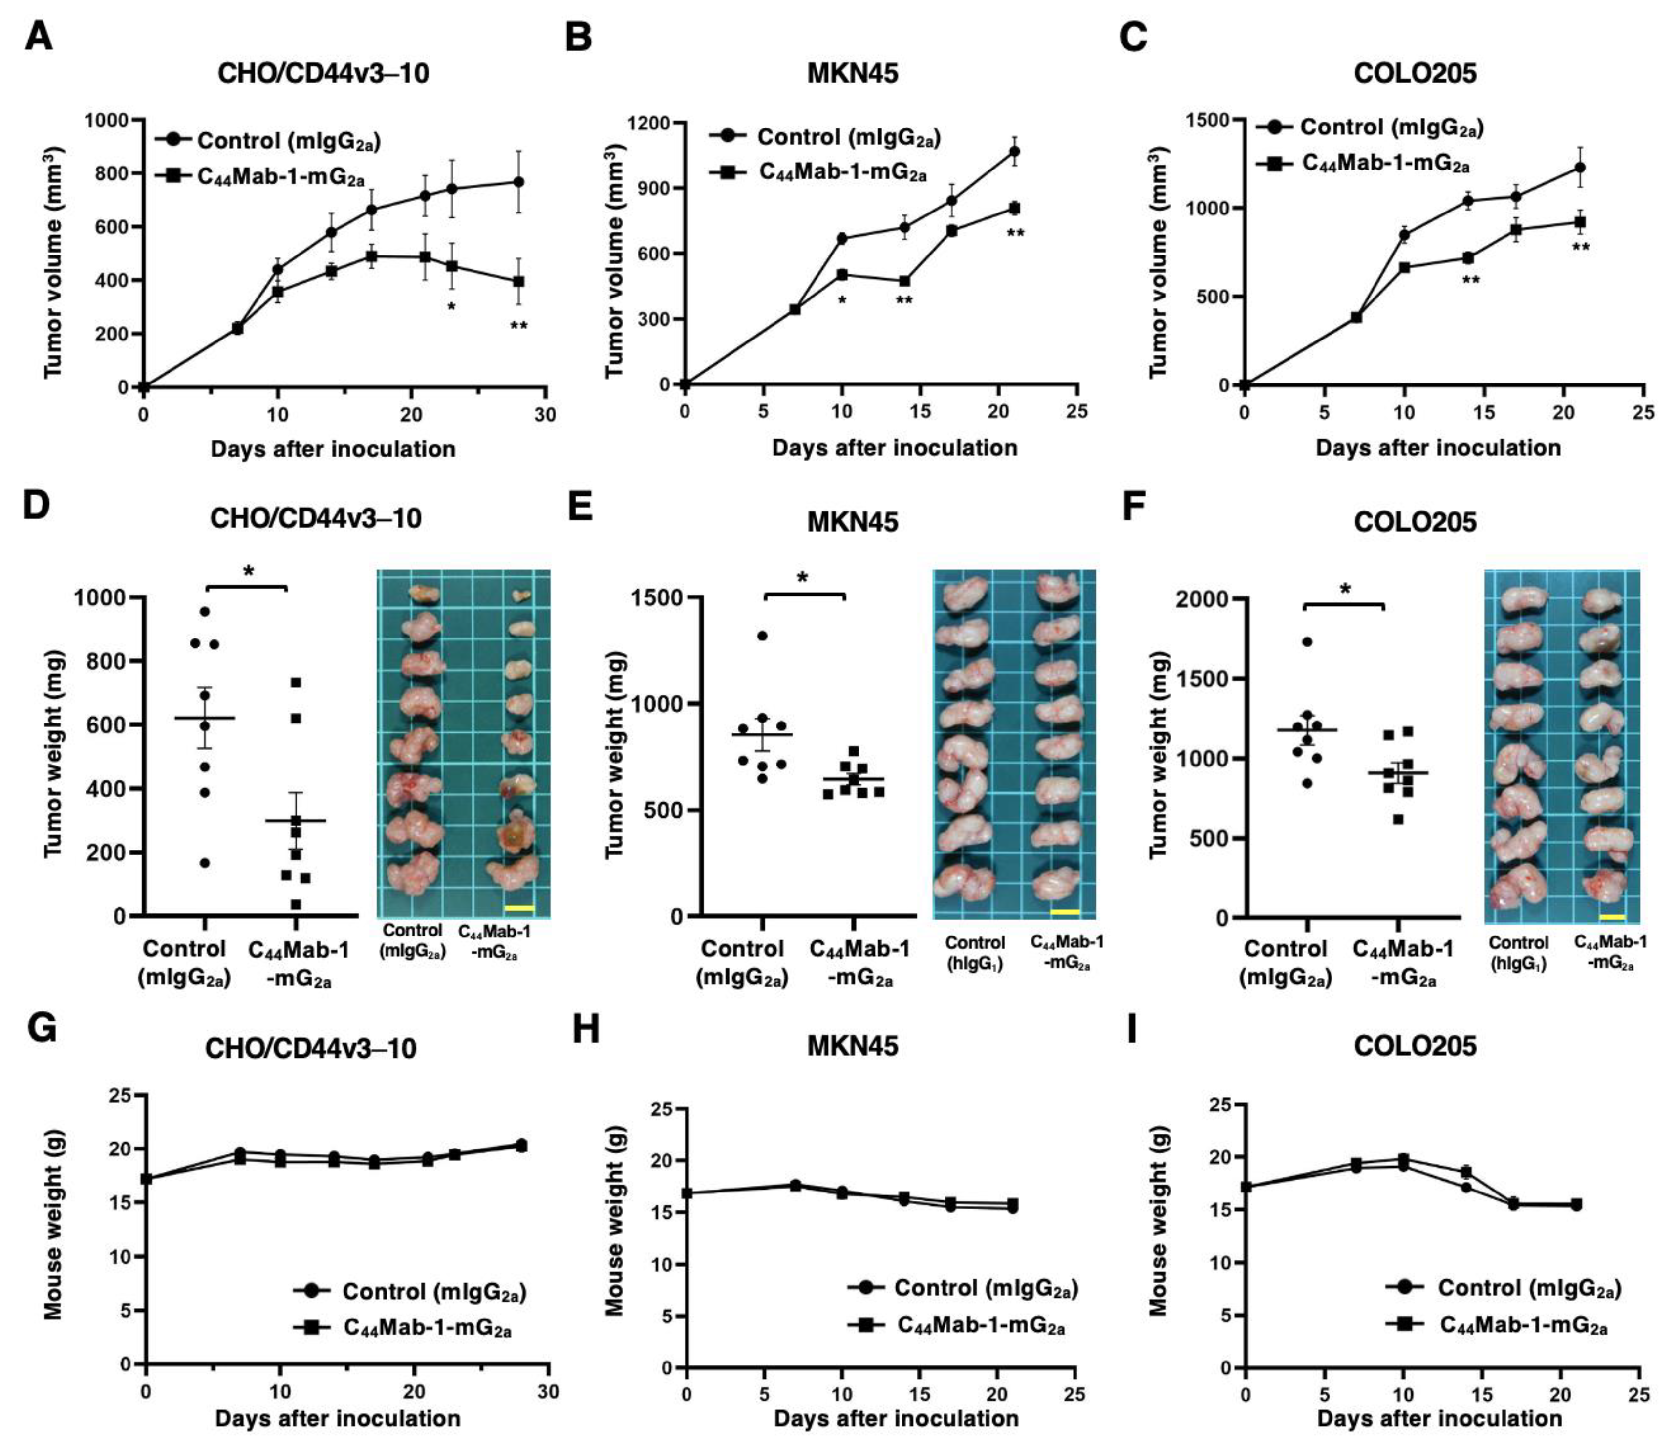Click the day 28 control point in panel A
coord(518,182)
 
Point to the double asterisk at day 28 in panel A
coord(518,327)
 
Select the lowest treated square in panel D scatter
coord(296,904)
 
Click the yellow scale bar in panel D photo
coord(518,908)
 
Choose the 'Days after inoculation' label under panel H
coord(896,1419)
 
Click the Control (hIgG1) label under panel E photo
coord(975,952)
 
